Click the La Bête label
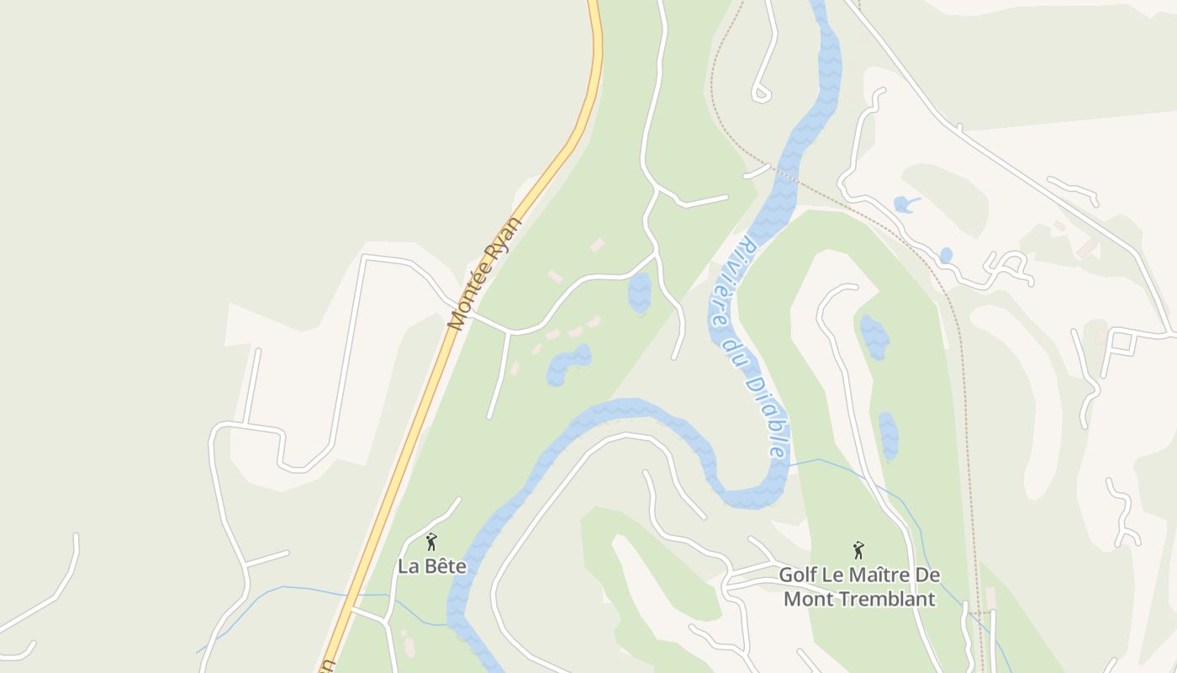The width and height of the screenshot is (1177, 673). (x=431, y=566)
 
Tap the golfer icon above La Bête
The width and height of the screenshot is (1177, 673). (x=431, y=542)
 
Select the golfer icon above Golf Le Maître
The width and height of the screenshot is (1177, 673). (x=858, y=550)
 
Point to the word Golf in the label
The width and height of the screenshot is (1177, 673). (x=797, y=575)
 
